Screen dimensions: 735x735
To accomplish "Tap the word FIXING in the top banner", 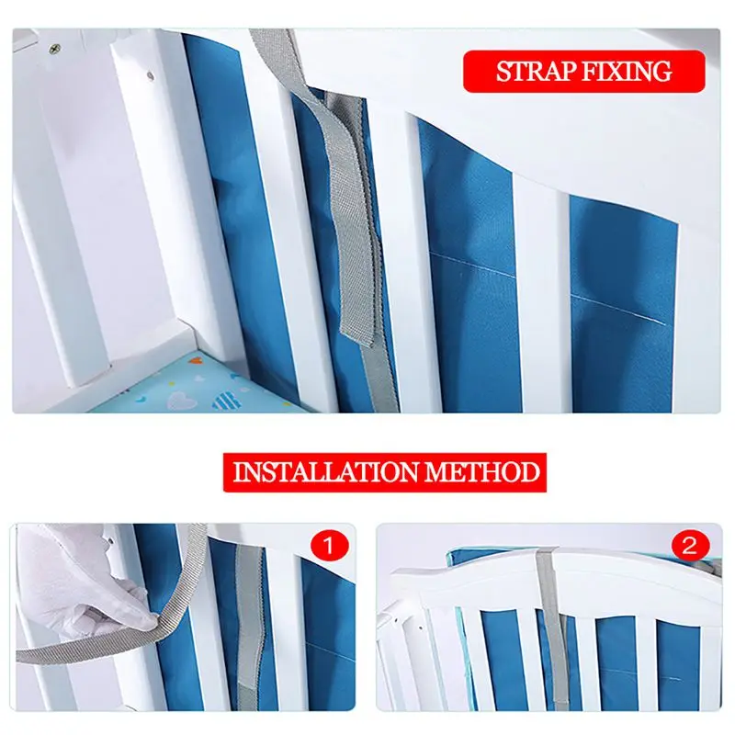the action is tap(628, 72).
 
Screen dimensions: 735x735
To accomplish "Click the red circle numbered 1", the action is tap(329, 546).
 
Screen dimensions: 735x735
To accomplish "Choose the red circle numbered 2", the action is tap(690, 546).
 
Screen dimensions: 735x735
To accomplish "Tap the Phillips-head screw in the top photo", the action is tap(56, 48).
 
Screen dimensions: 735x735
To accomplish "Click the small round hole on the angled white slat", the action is tap(151, 74).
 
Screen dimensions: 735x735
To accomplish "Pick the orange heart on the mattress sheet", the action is tap(197, 360).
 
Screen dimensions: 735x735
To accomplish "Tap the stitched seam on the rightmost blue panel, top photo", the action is tap(619, 309).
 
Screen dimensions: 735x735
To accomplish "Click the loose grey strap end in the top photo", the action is tap(356, 334).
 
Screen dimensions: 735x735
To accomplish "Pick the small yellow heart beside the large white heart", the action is tap(172, 384).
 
